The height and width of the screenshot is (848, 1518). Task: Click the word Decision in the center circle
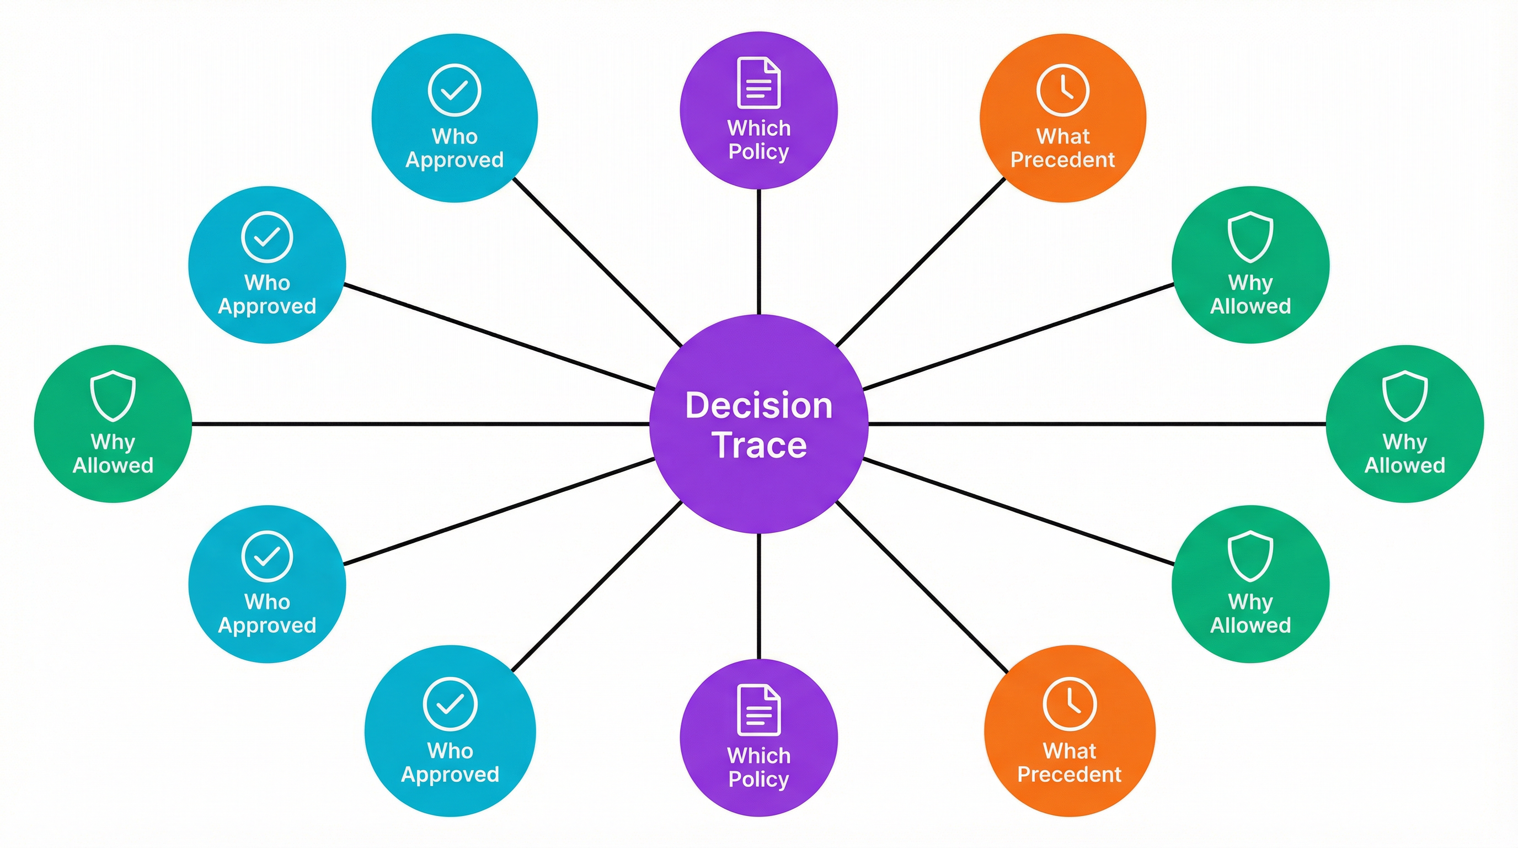coord(758,406)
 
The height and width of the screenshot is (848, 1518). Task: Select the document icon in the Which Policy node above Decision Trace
coord(758,83)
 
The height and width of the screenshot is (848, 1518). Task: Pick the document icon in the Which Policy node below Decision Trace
coord(758,710)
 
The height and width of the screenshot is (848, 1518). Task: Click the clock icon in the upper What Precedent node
coord(1062,90)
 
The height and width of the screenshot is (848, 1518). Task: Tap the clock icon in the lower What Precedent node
coord(1070,704)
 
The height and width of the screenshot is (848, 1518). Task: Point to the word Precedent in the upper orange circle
coord(1062,160)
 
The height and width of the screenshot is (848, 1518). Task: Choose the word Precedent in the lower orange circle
coord(1069,774)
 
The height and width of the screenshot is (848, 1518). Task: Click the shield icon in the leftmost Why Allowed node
coord(113,395)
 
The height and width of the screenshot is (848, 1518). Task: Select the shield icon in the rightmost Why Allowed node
coord(1405,395)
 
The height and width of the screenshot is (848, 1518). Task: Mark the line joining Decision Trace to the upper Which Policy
coord(758,252)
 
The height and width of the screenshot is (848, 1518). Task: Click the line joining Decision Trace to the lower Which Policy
coord(758,596)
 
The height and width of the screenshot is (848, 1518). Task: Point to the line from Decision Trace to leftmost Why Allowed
coord(419,423)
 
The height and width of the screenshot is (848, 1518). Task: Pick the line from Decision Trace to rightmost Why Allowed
coord(1096,423)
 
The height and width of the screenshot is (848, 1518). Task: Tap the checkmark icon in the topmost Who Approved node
coord(455,90)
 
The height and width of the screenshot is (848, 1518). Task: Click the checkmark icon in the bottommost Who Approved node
coord(450,704)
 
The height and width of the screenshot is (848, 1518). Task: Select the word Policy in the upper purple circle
coord(758,152)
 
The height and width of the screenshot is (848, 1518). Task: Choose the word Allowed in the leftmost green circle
coord(113,465)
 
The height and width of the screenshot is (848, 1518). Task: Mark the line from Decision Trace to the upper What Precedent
coord(921,262)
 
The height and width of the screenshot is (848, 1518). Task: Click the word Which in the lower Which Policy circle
coord(758,755)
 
